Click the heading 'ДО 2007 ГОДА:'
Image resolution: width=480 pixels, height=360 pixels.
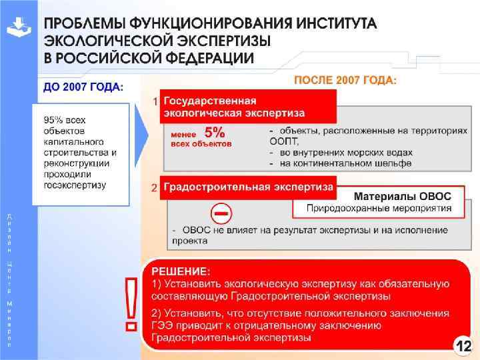pyautogui.click(x=83, y=87)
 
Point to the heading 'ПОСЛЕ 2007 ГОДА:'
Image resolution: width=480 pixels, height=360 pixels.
pyautogui.click(x=345, y=80)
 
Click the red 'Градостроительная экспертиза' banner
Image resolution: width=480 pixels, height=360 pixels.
pyautogui.click(x=248, y=187)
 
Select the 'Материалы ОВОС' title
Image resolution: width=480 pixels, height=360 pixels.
pyautogui.click(x=401, y=197)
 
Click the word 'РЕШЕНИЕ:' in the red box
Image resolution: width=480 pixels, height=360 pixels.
pyautogui.click(x=181, y=271)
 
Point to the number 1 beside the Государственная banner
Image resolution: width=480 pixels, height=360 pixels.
pyautogui.click(x=155, y=102)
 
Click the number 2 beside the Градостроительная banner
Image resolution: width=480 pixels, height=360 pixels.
pyautogui.click(x=155, y=187)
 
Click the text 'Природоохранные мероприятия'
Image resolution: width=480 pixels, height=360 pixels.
pyautogui.click(x=378, y=209)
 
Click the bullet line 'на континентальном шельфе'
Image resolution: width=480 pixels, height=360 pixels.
pyautogui.click(x=345, y=163)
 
